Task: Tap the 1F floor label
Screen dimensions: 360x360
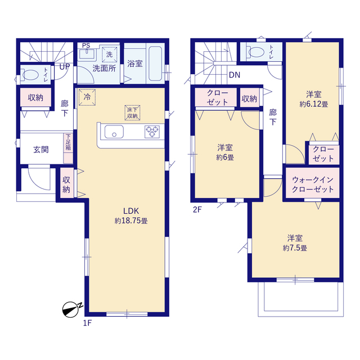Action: (87, 323)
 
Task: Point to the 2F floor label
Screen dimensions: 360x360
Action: (197, 210)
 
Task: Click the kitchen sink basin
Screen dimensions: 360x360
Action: (114, 132)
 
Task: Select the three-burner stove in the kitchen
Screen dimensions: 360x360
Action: (152, 132)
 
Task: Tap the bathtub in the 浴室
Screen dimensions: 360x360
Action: (155, 64)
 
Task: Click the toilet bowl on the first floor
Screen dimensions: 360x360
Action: (30, 75)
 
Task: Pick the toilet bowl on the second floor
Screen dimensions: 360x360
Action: (256, 51)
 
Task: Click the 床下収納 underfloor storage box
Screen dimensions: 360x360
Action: (133, 112)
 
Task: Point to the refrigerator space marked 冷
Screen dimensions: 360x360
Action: (87, 97)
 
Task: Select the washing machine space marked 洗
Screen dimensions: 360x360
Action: (110, 55)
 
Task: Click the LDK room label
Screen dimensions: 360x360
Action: (131, 211)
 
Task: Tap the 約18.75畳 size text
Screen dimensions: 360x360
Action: (131, 221)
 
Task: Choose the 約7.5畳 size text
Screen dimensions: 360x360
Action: (295, 248)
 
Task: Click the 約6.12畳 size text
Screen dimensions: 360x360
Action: (314, 104)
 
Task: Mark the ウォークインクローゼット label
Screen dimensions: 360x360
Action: (313, 184)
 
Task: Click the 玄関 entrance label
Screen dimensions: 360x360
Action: (41, 150)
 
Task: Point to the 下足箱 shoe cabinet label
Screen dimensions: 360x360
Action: (68, 142)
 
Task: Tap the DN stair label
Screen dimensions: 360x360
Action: (235, 75)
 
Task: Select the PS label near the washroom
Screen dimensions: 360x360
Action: (86, 46)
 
